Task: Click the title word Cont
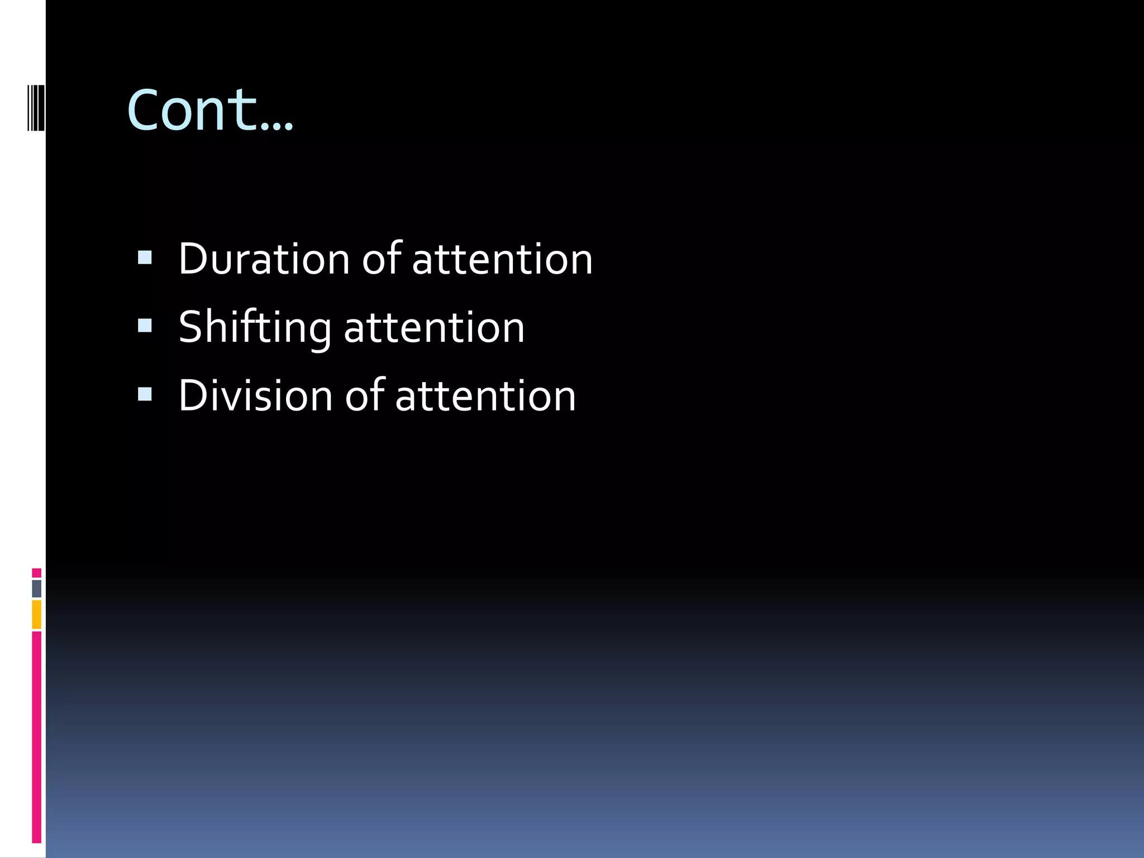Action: (x=193, y=110)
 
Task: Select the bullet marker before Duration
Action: (x=145, y=257)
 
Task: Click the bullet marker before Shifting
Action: (x=145, y=326)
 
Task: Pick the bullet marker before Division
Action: (x=145, y=394)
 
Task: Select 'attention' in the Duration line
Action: (x=502, y=260)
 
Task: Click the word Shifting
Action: (x=255, y=328)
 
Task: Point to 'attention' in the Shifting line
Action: (x=434, y=328)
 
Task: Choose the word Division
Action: (x=256, y=395)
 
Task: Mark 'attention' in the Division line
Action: (x=485, y=397)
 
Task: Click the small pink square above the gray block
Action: (x=36, y=573)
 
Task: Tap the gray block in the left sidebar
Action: (x=36, y=589)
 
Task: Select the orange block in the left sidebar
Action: (x=36, y=614)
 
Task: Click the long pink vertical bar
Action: (x=36, y=737)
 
